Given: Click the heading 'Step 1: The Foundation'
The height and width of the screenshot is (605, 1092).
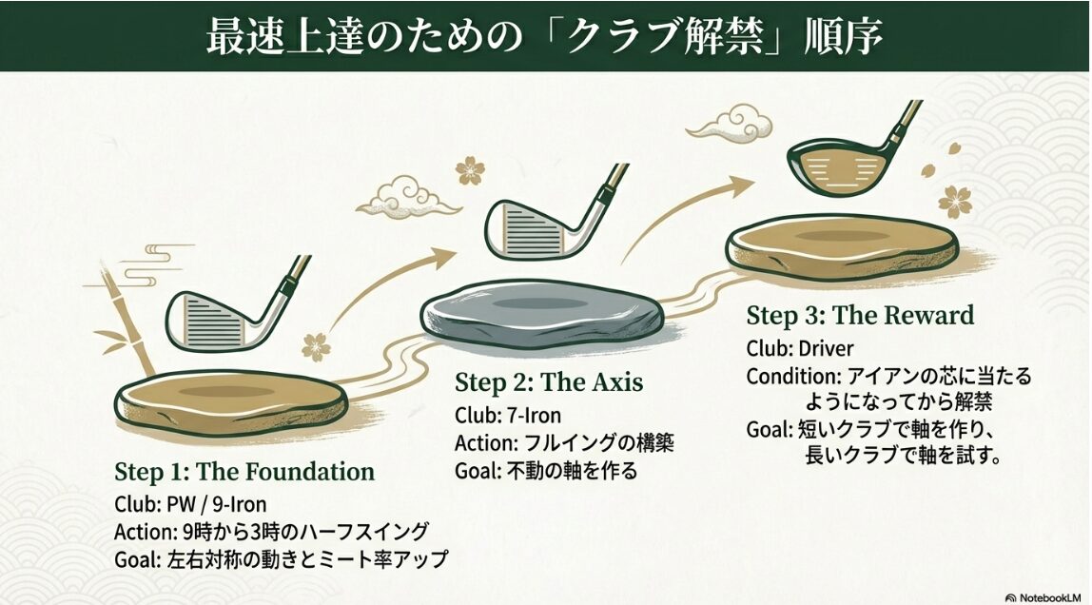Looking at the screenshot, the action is [x=244, y=472].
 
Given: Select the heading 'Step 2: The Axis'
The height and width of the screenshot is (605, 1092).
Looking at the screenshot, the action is [x=549, y=383].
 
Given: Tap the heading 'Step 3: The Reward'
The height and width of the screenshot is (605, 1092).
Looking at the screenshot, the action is [x=860, y=316].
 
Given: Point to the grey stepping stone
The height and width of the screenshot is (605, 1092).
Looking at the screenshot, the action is [x=542, y=314].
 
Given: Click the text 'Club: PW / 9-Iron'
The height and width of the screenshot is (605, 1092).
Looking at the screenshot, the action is [x=190, y=504].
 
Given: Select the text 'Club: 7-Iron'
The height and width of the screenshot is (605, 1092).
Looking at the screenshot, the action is [x=508, y=416].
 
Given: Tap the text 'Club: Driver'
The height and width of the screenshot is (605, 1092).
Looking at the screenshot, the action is [x=799, y=348].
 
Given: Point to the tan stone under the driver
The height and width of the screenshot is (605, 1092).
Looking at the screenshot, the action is [x=842, y=245].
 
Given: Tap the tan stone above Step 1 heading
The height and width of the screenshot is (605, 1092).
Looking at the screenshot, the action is [x=230, y=401].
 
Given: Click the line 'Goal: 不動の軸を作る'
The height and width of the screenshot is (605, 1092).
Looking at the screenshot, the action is [x=546, y=471].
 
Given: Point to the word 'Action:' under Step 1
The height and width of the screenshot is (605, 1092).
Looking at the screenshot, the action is [x=145, y=532].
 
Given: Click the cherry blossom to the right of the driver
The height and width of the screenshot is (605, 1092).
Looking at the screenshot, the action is [x=955, y=202].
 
